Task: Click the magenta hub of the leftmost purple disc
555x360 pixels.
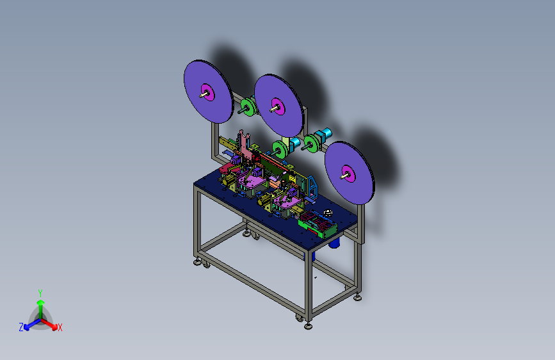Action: click(208, 92)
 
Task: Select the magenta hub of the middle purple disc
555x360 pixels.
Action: click(278, 106)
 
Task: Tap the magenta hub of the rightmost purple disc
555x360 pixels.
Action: click(349, 174)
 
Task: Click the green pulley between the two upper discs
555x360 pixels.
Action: click(248, 107)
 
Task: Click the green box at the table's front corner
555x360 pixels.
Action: click(318, 224)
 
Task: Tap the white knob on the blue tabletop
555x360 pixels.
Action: click(328, 213)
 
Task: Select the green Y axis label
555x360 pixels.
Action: click(40, 293)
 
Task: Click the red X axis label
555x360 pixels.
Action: click(60, 327)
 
